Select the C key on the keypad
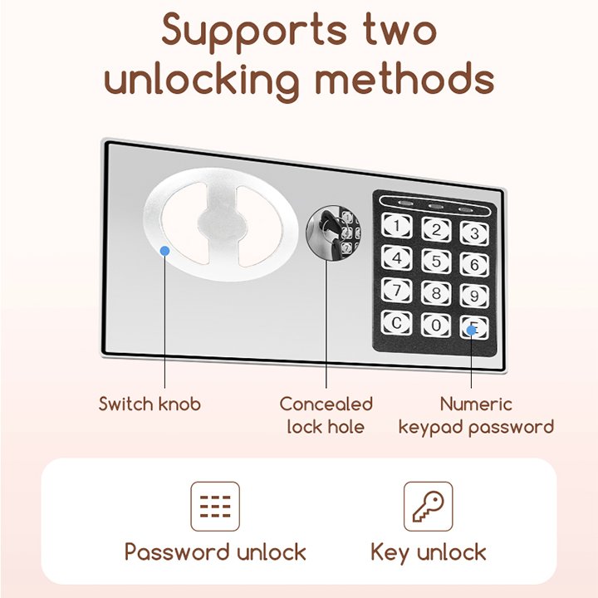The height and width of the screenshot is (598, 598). pos(398,322)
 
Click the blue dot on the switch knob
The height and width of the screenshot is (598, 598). pos(165,250)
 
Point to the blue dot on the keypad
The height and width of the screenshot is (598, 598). pos(472,330)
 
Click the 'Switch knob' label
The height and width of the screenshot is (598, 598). pos(149,404)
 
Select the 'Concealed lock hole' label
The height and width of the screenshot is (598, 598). pos(326,415)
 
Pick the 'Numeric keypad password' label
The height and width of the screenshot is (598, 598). pos(476,415)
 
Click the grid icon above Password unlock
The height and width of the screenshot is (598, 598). pos(215,506)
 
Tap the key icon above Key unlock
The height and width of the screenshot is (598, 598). pos(429,506)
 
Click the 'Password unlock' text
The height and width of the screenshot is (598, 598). pos(215,552)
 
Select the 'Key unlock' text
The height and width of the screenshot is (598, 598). pos(429,552)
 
